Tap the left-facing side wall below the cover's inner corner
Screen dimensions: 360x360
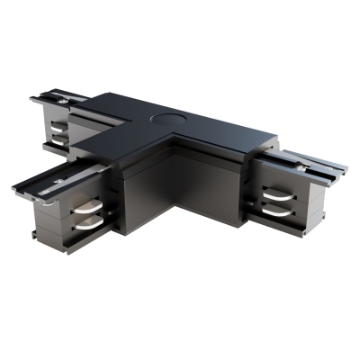144,193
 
